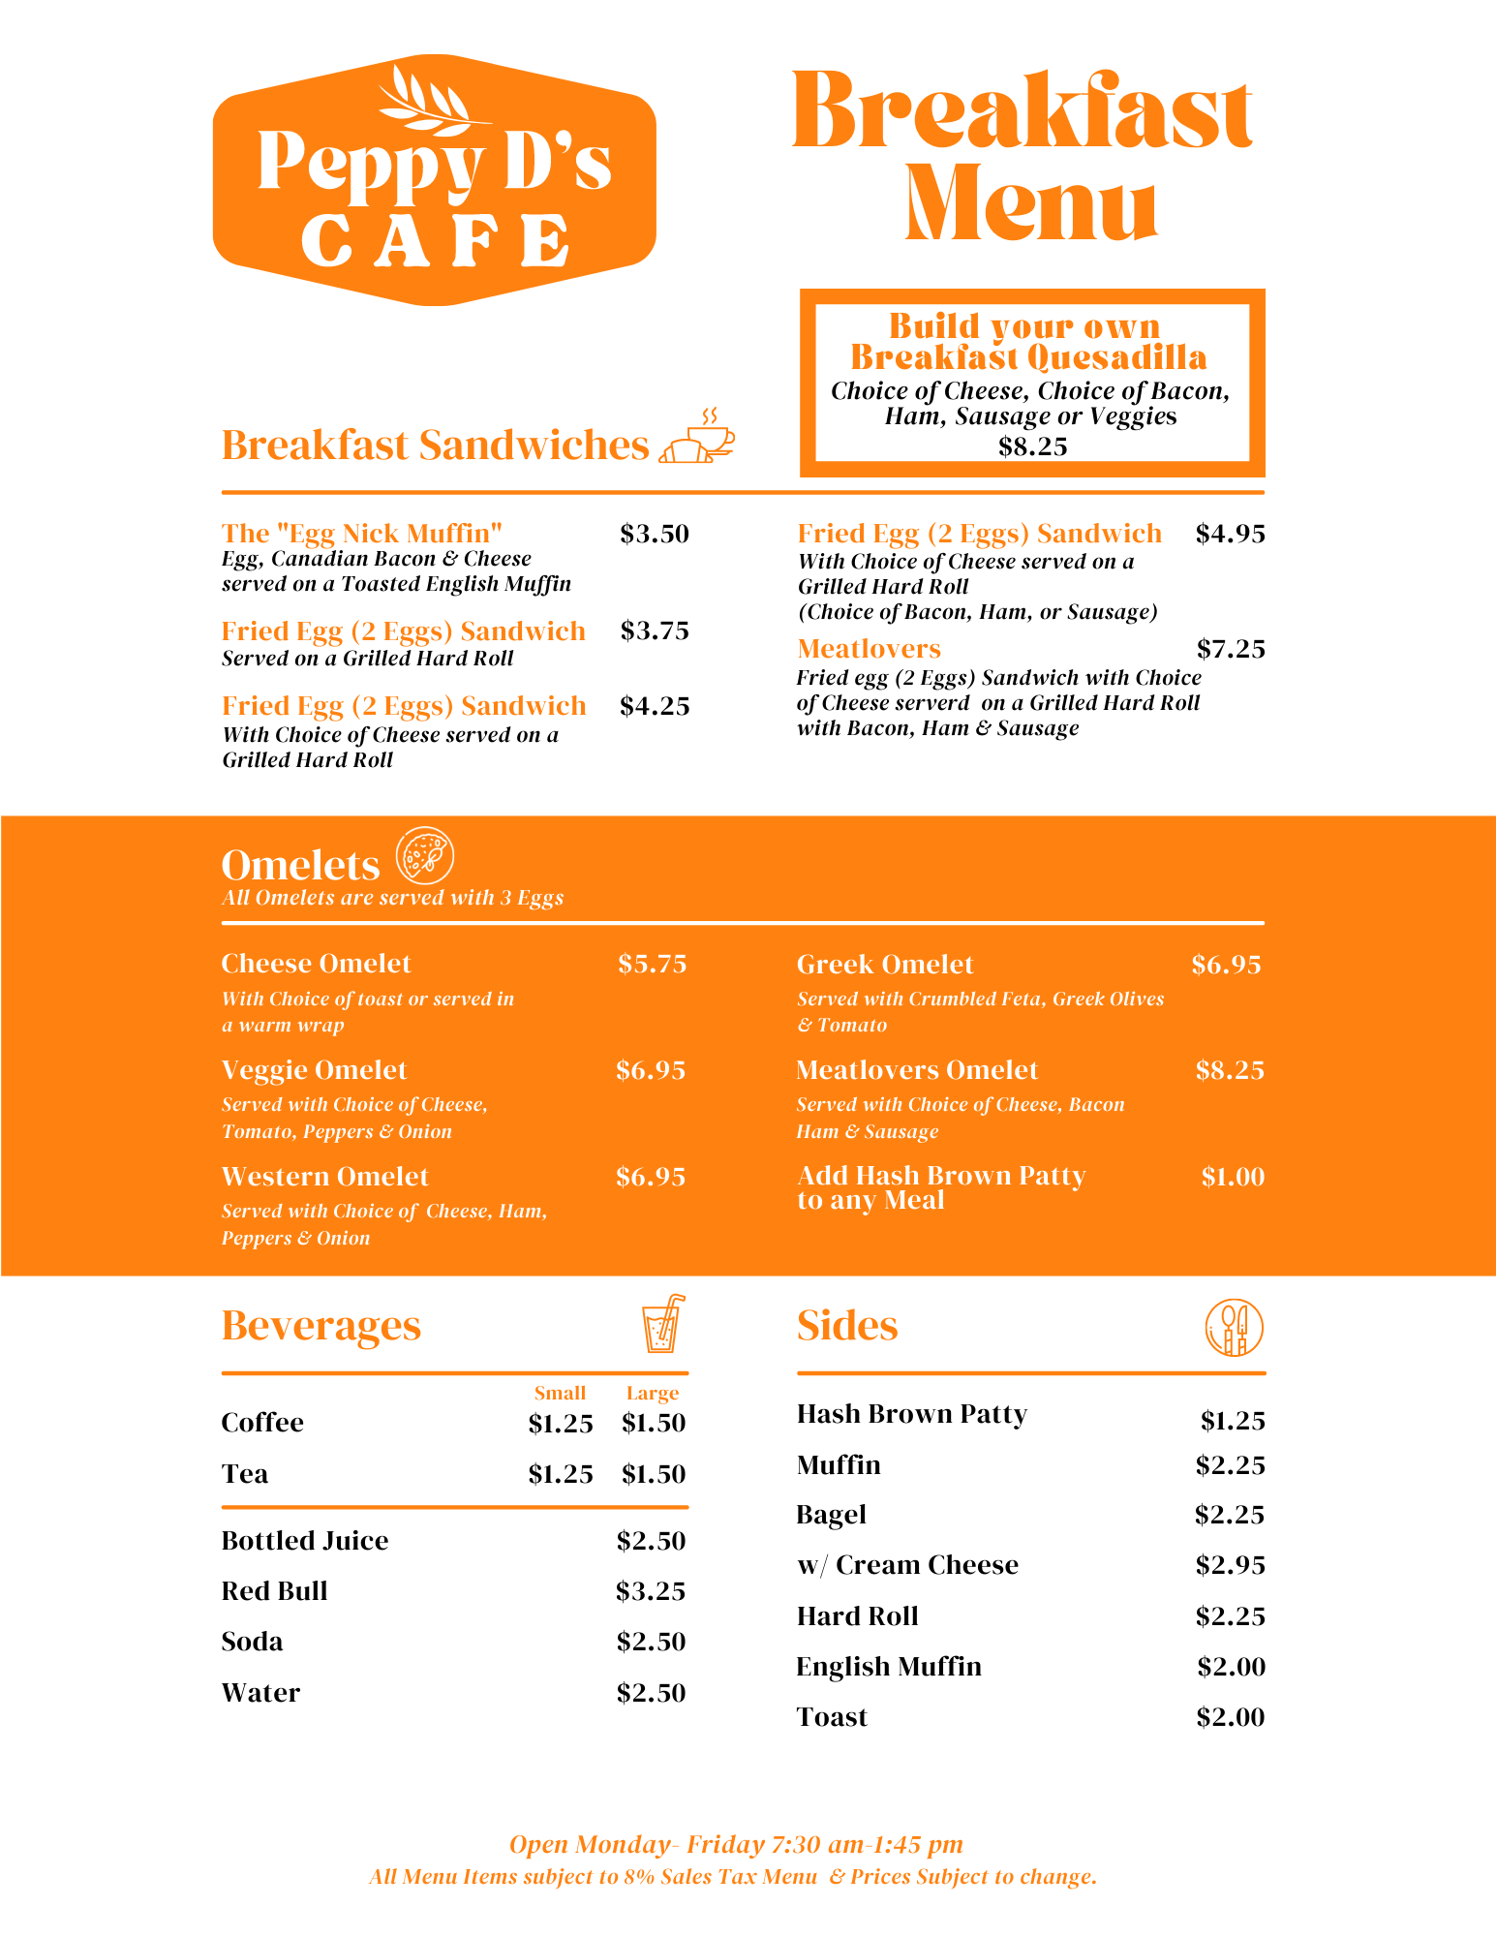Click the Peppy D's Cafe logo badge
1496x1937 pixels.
coord(434,181)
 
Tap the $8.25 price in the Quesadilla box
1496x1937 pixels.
coord(1032,446)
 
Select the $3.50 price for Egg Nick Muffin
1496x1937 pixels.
coord(654,534)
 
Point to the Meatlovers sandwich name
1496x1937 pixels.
coord(869,649)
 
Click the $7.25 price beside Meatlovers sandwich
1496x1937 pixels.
coord(1230,649)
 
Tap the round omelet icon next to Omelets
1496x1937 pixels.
coord(424,856)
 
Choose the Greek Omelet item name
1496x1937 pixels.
coord(884,965)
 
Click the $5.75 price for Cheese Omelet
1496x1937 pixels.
coord(652,964)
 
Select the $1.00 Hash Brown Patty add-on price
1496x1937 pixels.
coord(1232,1177)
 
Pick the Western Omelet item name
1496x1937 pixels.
coord(324,1177)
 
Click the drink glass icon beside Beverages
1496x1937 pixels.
coord(663,1324)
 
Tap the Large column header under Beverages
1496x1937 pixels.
coord(652,1394)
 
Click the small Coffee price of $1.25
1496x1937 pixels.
coord(560,1424)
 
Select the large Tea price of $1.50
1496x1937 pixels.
coord(653,1474)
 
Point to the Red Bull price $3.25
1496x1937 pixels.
coord(650,1591)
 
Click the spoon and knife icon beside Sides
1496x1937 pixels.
coord(1234,1327)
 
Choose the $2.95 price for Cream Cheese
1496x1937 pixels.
coord(1230,1565)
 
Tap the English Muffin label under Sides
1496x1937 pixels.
coord(888,1667)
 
